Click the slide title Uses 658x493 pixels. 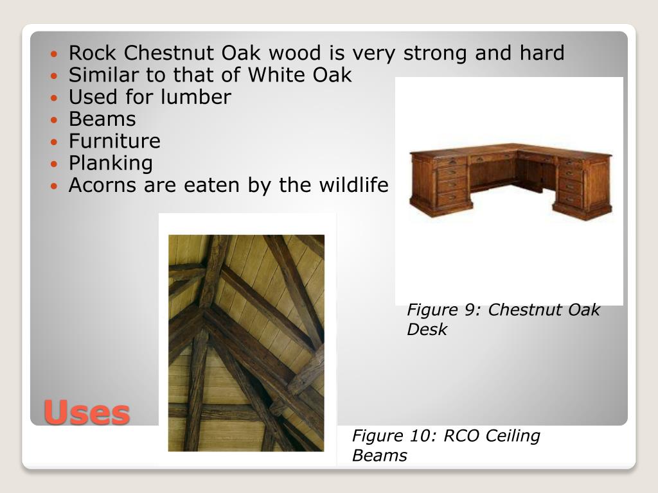[87, 412]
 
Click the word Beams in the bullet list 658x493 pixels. [102, 119]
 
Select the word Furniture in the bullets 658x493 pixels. [114, 141]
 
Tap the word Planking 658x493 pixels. [111, 163]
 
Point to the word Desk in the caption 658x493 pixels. [427, 330]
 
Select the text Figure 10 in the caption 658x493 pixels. [389, 436]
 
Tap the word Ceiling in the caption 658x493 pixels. [512, 436]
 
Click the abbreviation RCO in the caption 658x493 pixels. [462, 436]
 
